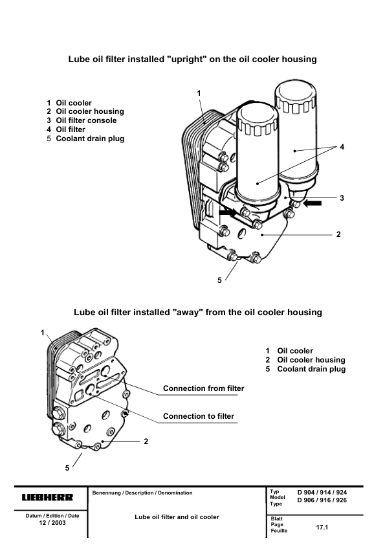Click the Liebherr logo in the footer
48,497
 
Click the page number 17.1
322,528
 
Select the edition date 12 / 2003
52,523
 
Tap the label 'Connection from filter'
204,388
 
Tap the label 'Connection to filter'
199,416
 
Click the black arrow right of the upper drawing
313,204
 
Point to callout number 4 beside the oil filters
342,147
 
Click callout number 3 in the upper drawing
342,198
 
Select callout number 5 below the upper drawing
219,280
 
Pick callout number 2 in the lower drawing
146,441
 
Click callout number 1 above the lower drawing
43,333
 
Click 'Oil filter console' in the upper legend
86,120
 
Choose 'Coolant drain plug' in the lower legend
311,369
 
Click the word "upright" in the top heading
185,59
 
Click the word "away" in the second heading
188,312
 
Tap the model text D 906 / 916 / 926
322,500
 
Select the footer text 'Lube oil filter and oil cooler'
177,517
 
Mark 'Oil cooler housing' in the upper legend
90,111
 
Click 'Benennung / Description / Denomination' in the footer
142,493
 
